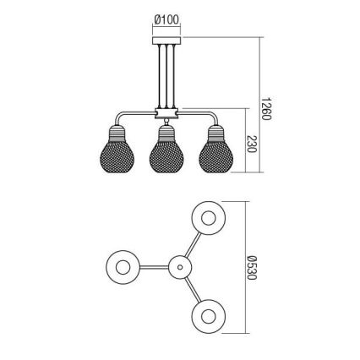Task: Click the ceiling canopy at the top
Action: tap(166, 41)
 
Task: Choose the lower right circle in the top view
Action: tap(208, 319)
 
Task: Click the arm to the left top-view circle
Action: tap(153, 268)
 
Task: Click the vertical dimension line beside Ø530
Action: tap(245, 268)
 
